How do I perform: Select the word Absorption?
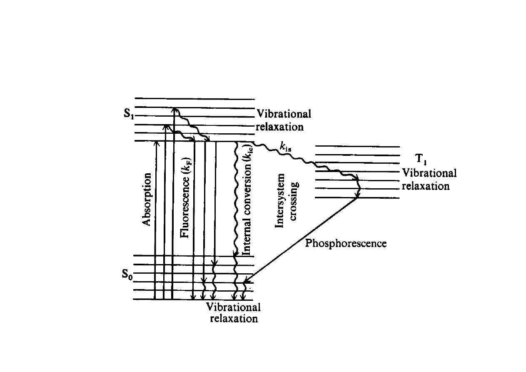(x=146, y=199)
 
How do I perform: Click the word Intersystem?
(x=280, y=200)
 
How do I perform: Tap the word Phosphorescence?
(x=346, y=243)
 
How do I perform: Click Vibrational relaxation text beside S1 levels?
(x=284, y=120)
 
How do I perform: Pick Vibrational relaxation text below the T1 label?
(x=429, y=180)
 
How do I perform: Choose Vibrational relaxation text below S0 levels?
(x=234, y=313)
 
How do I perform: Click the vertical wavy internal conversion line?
(x=236, y=200)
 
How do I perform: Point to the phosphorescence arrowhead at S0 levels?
(x=247, y=282)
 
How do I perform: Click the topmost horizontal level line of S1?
(x=194, y=99)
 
